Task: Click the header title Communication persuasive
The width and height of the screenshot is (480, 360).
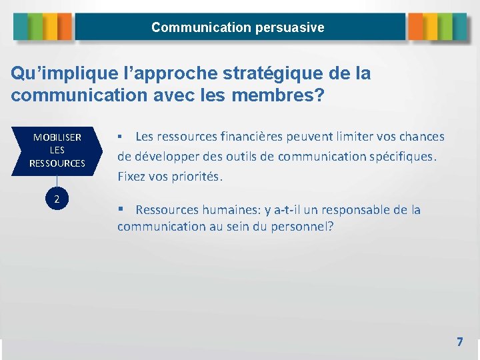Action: click(x=238, y=27)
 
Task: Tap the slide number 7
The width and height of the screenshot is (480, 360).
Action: click(x=459, y=342)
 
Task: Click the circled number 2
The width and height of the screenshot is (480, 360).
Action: click(x=57, y=199)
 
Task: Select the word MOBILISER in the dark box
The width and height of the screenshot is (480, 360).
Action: click(x=57, y=137)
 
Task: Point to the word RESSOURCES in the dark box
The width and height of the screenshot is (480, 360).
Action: click(x=57, y=163)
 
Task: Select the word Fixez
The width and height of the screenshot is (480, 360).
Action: click(x=131, y=177)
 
